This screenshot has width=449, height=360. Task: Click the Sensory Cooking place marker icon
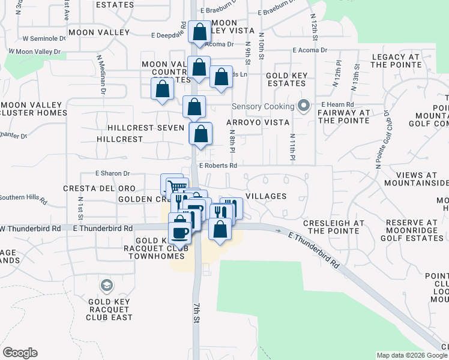(x=304, y=107)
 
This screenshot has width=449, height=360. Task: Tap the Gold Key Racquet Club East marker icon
(x=107, y=284)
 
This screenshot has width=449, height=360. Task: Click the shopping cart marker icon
(x=175, y=186)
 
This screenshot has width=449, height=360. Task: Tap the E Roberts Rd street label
(x=218, y=166)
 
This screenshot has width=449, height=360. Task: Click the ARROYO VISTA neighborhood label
(x=258, y=122)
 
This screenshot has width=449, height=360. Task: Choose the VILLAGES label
(x=266, y=196)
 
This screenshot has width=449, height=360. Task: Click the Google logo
(x=20, y=353)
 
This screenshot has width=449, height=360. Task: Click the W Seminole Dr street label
(x=43, y=38)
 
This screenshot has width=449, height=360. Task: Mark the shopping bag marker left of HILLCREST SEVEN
(x=163, y=90)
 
